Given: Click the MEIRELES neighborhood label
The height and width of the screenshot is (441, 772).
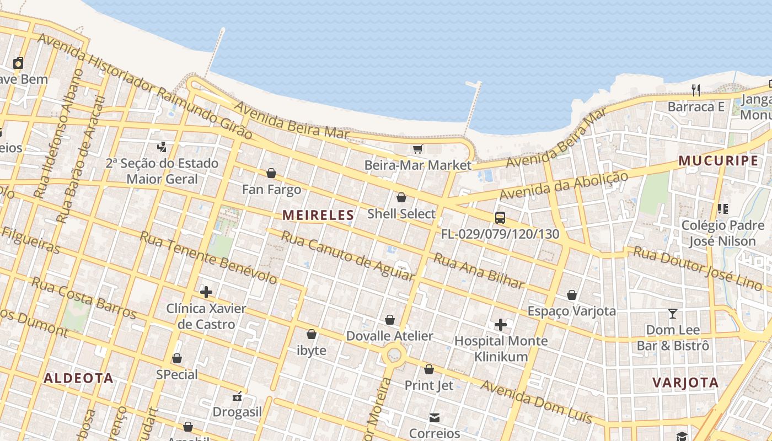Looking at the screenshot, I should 318,215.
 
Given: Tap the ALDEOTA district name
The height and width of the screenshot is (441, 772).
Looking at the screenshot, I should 78,378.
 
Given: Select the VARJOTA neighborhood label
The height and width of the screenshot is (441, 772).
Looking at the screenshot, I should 685,383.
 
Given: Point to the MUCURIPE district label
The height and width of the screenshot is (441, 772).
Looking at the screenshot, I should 718,160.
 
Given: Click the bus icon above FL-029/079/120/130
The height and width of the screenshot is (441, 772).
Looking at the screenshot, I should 500,218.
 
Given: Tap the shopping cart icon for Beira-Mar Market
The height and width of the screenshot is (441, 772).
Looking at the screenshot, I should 417,149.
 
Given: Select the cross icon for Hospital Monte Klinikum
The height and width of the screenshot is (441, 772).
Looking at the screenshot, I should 500,325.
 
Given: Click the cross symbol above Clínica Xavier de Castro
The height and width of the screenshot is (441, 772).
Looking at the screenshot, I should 206,292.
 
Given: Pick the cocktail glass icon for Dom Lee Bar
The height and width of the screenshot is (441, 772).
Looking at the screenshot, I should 672,314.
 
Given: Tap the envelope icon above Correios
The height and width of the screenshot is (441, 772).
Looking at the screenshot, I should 435,418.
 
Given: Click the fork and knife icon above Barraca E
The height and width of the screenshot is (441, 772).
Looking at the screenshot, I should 696,90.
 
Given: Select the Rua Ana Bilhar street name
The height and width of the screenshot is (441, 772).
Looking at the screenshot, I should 478,271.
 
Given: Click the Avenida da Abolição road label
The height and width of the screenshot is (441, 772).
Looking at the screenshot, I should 564,186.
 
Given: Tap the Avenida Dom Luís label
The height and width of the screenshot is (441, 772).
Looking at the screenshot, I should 535,401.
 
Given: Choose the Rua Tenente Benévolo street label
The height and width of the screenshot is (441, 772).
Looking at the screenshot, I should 208,257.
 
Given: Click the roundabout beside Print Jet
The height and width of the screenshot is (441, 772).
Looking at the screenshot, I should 394,354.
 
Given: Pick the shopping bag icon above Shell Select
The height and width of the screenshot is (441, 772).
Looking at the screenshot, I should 401,197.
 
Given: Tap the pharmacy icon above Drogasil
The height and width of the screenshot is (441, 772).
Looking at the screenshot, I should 237,396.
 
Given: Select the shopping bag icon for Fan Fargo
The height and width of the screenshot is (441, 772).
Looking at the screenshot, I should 271,173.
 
